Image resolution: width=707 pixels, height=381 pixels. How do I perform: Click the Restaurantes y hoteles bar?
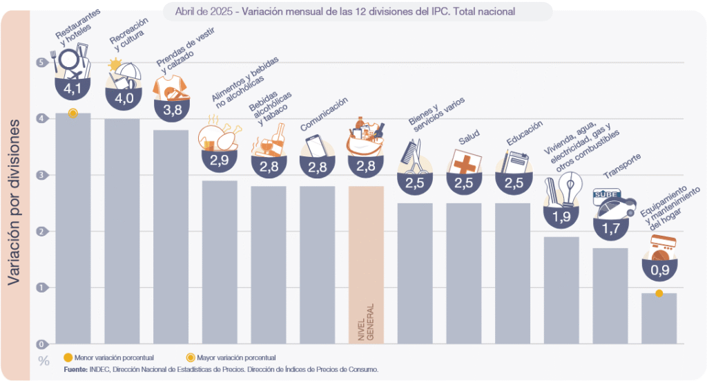[x=73, y=228]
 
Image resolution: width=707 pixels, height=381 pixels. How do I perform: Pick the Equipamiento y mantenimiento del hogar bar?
[x=659, y=318]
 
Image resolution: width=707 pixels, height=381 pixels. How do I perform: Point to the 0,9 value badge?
[x=659, y=270]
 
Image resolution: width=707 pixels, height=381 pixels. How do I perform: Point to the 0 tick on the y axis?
[x=41, y=344]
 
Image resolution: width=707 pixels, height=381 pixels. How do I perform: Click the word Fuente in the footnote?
[x=74, y=370]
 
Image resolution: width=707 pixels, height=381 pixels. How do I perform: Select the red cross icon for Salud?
[x=463, y=165]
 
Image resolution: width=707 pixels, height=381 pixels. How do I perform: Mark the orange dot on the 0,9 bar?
[x=659, y=294]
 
